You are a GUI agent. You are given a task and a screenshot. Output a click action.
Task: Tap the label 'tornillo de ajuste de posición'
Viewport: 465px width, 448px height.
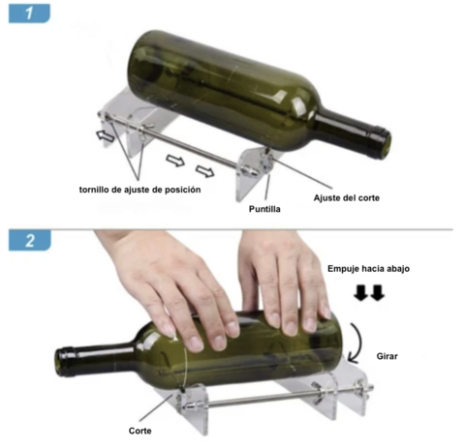(139, 190)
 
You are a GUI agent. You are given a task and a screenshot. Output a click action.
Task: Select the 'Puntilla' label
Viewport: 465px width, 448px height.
(266, 207)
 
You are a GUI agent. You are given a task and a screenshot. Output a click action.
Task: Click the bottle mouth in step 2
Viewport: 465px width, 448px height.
(67, 361)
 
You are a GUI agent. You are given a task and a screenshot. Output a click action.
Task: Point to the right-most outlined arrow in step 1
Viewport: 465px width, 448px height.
(205, 171)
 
